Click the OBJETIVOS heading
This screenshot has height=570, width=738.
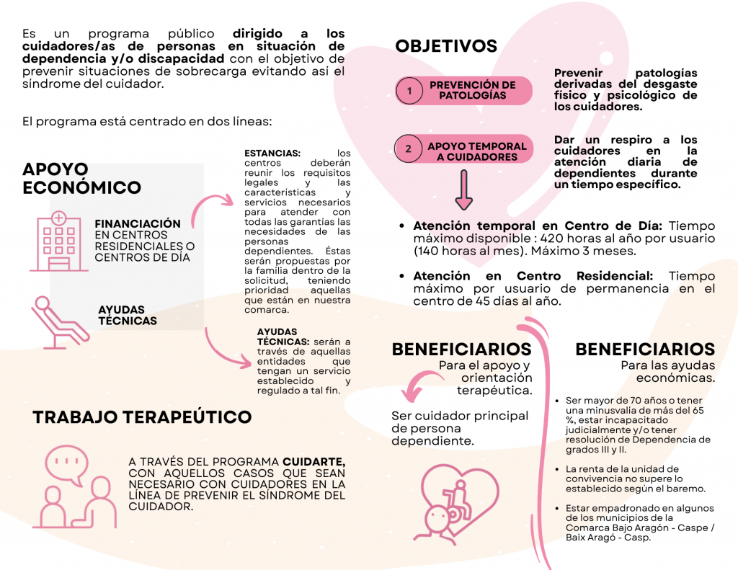click(x=446, y=46)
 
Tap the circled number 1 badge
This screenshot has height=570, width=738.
click(x=409, y=91)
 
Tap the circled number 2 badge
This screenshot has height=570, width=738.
click(x=409, y=149)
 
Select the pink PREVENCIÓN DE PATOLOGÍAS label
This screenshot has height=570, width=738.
click(x=472, y=90)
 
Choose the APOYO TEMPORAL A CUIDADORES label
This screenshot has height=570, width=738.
click(x=476, y=151)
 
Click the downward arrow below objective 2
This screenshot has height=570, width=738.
click(x=463, y=194)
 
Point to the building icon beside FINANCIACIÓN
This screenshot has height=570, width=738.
click(x=58, y=241)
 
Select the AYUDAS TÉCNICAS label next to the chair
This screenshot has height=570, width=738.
click(x=128, y=315)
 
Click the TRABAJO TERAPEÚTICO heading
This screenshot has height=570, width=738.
click(x=142, y=417)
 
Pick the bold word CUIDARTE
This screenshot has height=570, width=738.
click(x=314, y=461)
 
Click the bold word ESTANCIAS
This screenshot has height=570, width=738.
click(x=272, y=153)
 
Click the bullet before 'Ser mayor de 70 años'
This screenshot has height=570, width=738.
click(x=557, y=401)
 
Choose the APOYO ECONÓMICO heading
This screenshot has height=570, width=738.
click(x=81, y=179)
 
